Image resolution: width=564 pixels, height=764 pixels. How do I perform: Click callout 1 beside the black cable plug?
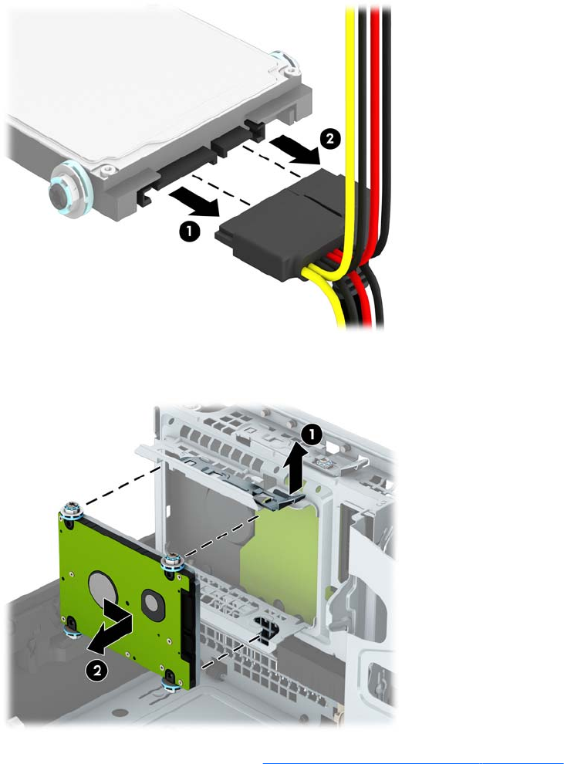[x=190, y=231]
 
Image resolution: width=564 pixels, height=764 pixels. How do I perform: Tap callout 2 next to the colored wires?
[x=329, y=139]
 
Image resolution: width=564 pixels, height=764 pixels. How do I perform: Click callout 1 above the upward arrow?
[x=312, y=435]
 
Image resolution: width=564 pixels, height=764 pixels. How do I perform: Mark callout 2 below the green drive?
[x=97, y=671]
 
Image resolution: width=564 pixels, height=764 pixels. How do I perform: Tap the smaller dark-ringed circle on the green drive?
[x=153, y=603]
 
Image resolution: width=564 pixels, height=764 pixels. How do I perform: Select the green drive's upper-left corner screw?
[x=72, y=511]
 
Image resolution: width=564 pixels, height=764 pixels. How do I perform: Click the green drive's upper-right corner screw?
[x=173, y=562]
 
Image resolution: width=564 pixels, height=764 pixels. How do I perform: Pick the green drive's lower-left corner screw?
[x=73, y=630]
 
